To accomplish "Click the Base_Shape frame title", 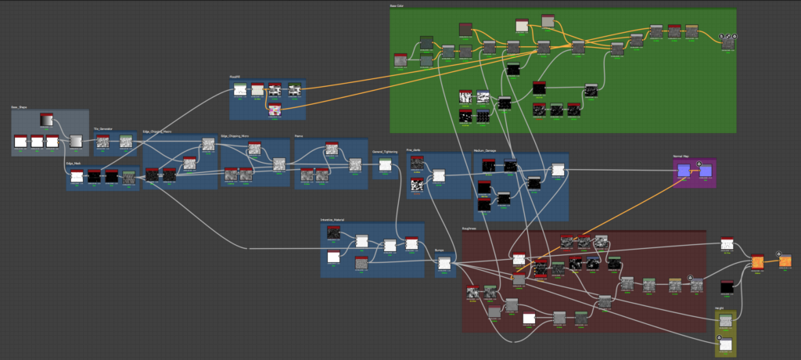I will (x=20, y=107).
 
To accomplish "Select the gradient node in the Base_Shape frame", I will (x=47, y=120).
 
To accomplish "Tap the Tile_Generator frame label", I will (x=103, y=129).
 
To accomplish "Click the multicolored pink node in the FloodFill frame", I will (x=275, y=110).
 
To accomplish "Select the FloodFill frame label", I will (x=235, y=77).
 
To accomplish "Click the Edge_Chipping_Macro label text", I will (x=156, y=131).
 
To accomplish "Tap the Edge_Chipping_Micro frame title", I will (x=235, y=135).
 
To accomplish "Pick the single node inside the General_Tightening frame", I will (x=385, y=164).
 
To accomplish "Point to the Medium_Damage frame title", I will (x=486, y=151).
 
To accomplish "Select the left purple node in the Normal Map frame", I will (x=684, y=171).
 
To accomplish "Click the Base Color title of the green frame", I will (x=397, y=6).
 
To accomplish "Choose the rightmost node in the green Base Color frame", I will (x=728, y=43).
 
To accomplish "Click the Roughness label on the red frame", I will (x=469, y=229).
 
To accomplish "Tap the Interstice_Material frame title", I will (x=332, y=220).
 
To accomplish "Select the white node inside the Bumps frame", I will (x=444, y=264).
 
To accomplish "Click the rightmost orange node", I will (x=784, y=261).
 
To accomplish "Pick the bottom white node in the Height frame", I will (x=725, y=345).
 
